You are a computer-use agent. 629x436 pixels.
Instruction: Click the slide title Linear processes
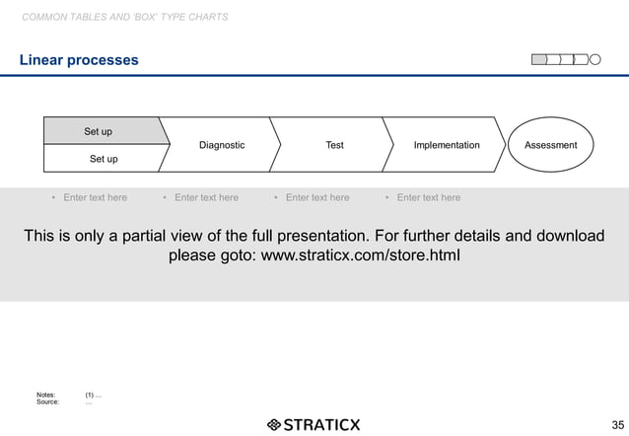click(80, 61)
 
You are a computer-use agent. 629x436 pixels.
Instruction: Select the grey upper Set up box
click(99, 131)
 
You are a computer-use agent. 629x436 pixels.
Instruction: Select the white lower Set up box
click(104, 159)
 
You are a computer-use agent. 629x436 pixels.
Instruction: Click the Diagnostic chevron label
click(222, 145)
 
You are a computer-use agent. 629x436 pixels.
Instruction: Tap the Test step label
click(334, 145)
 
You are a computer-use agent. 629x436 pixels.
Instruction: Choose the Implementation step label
click(447, 145)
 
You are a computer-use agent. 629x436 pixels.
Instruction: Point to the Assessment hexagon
click(550, 145)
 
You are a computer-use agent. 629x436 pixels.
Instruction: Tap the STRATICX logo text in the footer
click(321, 425)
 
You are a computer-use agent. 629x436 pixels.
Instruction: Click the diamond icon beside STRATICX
click(273, 425)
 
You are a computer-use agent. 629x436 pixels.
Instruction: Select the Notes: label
click(46, 395)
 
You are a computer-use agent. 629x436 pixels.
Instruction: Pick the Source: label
click(47, 401)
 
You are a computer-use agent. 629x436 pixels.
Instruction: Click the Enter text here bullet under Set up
click(95, 197)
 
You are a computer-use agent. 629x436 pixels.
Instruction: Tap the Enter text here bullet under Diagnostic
click(206, 197)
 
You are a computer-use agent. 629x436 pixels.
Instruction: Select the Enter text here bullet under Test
click(317, 197)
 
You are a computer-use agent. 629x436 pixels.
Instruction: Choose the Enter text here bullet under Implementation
click(428, 197)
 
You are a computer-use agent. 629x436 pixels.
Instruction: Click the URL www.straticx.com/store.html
click(358, 257)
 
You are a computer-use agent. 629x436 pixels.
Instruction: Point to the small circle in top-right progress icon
click(595, 60)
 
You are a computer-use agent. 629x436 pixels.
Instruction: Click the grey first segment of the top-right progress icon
click(539, 60)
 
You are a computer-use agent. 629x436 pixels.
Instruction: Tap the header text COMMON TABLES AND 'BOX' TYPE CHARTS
click(124, 18)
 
